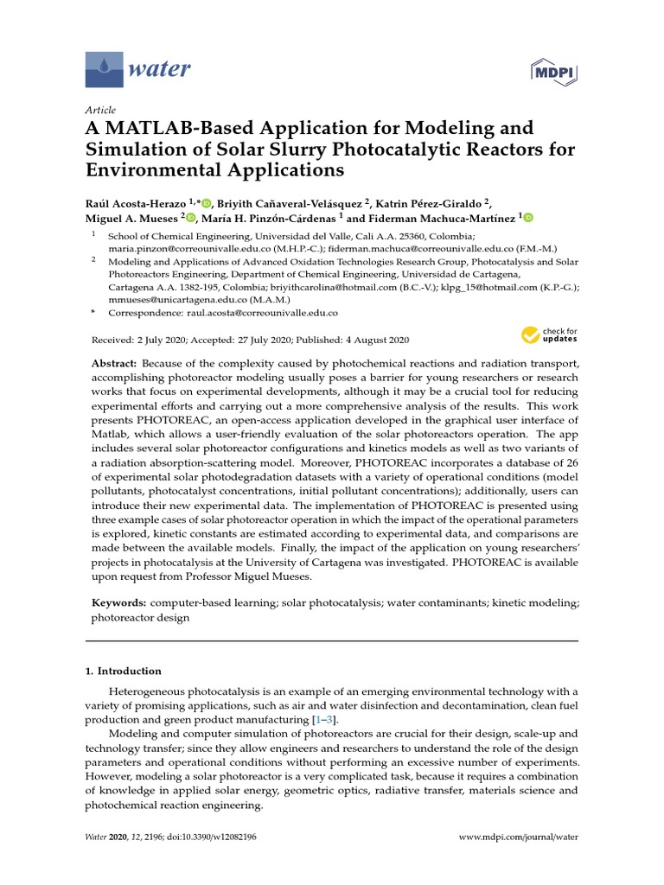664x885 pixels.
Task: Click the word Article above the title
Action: click(99, 110)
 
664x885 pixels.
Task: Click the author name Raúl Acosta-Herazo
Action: click(141, 203)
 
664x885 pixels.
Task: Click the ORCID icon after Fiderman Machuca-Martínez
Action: click(528, 219)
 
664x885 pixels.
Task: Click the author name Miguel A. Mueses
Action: click(136, 219)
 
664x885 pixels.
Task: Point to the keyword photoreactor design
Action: click(140, 618)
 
